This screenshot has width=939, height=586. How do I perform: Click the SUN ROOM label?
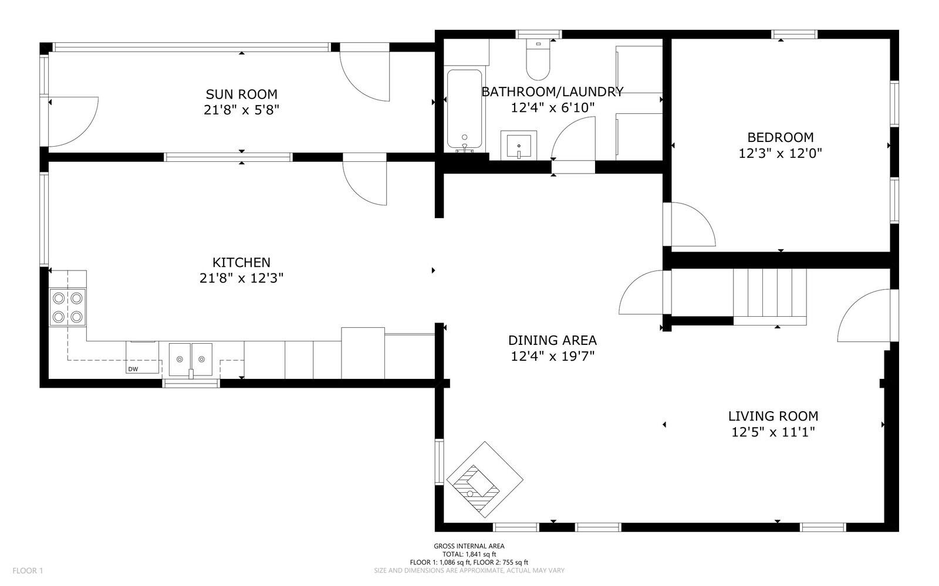tap(241, 94)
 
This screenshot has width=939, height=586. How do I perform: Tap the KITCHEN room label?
tap(241, 263)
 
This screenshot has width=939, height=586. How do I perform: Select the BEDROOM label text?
tap(781, 137)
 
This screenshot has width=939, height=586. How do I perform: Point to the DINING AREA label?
tap(552, 340)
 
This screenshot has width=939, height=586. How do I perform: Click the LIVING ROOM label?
tap(773, 416)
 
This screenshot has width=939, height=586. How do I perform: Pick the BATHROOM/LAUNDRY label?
tap(552, 92)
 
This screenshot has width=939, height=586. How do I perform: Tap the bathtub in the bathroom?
tap(464, 109)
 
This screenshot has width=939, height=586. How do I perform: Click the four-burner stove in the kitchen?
tap(67, 307)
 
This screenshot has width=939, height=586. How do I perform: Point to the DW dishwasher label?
tap(133, 369)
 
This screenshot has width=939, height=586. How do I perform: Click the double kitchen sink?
tap(191, 360)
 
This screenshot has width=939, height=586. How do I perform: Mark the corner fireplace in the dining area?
tap(484, 480)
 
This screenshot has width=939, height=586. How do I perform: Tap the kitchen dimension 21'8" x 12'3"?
tap(241, 278)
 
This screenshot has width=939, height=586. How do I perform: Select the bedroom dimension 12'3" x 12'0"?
tap(781, 153)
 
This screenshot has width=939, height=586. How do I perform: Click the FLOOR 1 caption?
tap(28, 571)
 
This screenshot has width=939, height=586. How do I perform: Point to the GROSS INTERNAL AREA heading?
tap(469, 546)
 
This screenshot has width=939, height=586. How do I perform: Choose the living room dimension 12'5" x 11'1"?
tap(773, 432)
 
